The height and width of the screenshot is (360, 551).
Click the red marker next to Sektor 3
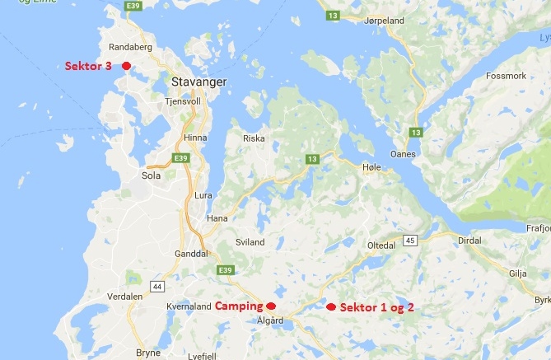(126, 66)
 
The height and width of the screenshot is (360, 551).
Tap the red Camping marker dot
(271, 306)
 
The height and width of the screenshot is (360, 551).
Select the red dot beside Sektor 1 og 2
(331, 306)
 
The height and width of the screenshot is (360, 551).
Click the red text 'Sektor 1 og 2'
(376, 306)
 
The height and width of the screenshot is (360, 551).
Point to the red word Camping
(239, 306)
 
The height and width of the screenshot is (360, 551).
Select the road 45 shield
(409, 241)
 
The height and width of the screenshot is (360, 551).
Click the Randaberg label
(124, 47)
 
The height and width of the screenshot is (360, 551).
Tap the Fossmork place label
(507, 75)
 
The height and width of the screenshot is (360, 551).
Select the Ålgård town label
(271, 321)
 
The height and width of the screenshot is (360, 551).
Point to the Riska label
(254, 138)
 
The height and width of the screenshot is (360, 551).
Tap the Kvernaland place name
(189, 306)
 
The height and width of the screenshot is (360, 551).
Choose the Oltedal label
(383, 245)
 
